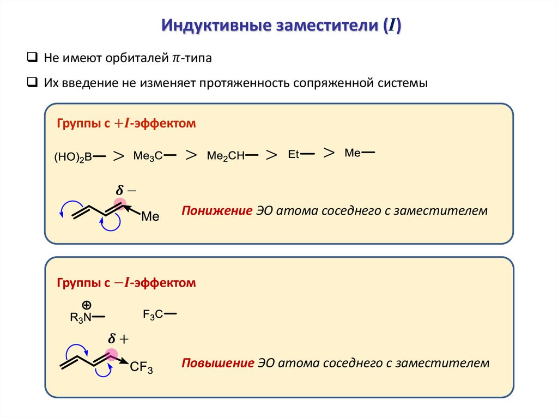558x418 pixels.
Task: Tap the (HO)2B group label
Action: pyautogui.click(x=72, y=157)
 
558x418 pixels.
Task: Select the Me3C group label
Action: pyautogui.click(x=148, y=156)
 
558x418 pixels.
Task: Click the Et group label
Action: pyautogui.click(x=294, y=155)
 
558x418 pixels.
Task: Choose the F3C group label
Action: pyautogui.click(x=153, y=314)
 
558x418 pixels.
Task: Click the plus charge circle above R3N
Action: pyautogui.click(x=86, y=304)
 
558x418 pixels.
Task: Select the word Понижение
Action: pyautogui.click(x=217, y=210)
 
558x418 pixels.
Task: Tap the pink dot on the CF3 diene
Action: pyautogui.click(x=112, y=355)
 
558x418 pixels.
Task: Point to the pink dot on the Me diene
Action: pyautogui.click(x=120, y=205)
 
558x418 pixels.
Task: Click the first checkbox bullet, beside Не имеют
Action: pyautogui.click(x=32, y=58)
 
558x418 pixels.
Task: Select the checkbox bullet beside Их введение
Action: pyautogui.click(x=32, y=83)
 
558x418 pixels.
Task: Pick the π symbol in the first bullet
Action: pyautogui.click(x=175, y=58)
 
